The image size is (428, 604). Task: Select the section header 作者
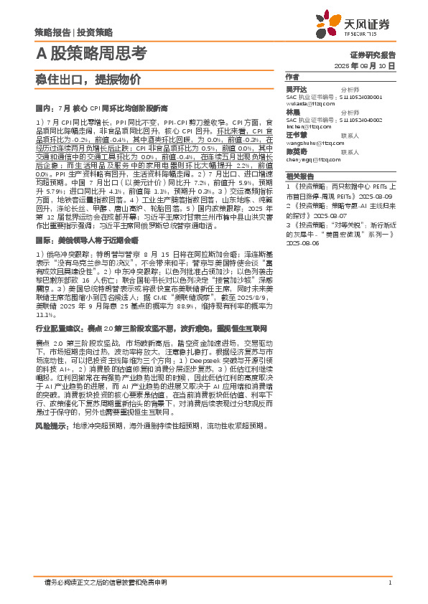[292, 77]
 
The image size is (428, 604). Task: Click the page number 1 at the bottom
[389, 582]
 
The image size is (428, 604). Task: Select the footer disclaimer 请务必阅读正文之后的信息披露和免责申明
[105, 582]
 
